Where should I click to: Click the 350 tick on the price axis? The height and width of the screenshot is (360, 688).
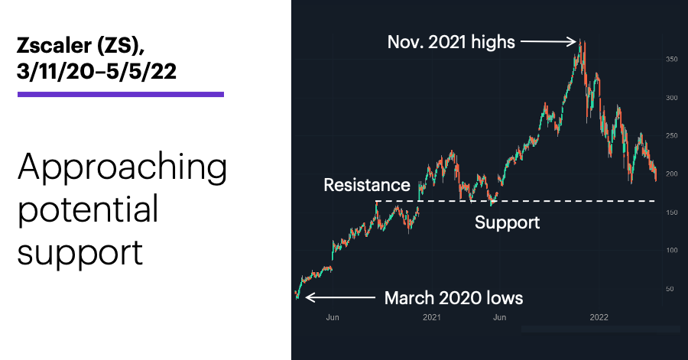click(672, 59)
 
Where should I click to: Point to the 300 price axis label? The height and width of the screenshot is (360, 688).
click(672, 98)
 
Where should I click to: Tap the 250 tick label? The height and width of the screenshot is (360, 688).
click(672, 136)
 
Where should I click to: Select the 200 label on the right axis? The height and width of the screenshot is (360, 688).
click(672, 174)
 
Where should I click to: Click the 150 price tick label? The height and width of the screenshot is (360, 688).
click(672, 212)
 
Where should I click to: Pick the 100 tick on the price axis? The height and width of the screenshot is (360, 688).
click(672, 251)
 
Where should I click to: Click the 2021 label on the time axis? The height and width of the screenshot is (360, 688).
click(432, 317)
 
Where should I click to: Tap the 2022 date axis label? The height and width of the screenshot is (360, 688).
click(599, 317)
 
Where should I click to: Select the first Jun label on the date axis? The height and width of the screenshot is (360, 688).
click(333, 317)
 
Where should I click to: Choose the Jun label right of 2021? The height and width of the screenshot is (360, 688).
click(499, 317)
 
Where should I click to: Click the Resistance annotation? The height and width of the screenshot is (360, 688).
click(367, 185)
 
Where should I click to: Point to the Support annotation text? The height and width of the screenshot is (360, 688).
click(508, 223)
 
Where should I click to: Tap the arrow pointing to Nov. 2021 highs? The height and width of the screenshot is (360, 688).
click(548, 42)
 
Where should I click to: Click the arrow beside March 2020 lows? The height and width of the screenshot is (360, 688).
click(340, 298)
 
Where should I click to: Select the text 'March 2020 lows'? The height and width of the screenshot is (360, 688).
click(453, 298)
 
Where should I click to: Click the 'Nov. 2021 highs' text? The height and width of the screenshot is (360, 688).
click(451, 43)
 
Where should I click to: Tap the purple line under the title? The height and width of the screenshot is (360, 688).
click(121, 94)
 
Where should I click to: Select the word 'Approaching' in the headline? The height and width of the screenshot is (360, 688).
click(122, 168)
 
